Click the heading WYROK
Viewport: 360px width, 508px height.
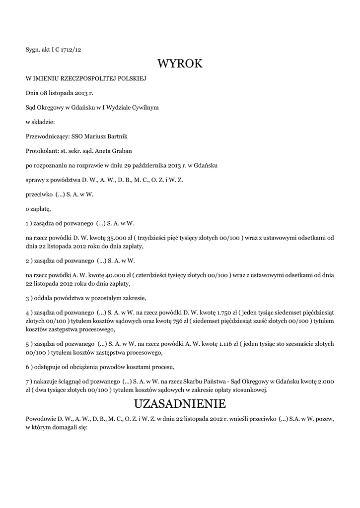click(180, 63)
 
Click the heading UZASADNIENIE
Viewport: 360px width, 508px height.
click(180, 402)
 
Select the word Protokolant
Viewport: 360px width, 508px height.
click(41, 150)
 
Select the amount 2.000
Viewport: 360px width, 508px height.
click(326, 381)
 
